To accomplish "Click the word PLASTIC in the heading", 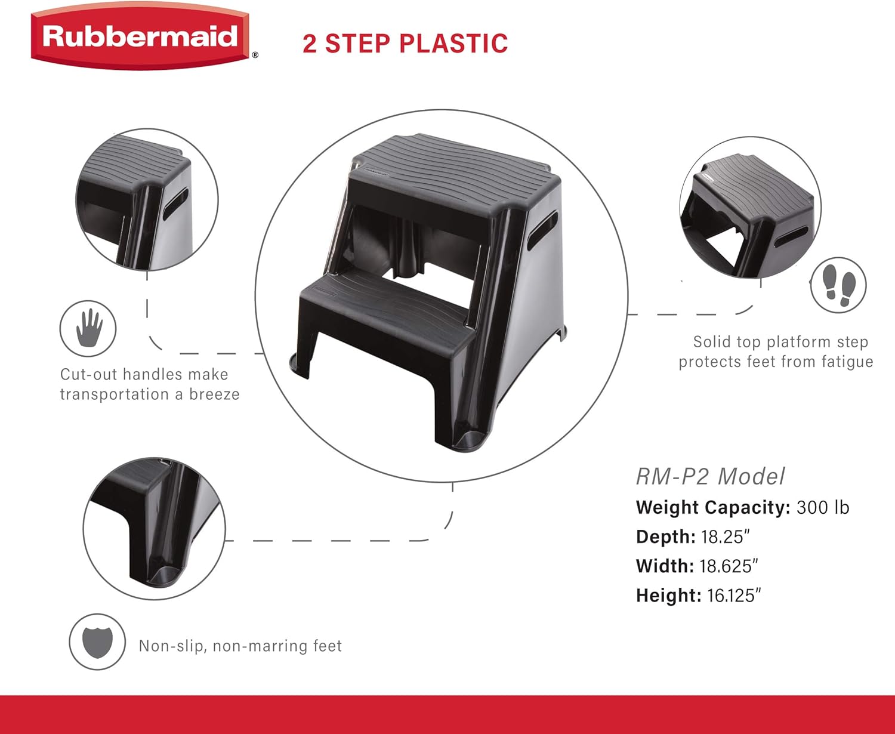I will pos(453,44).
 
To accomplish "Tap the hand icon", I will pos(88,328).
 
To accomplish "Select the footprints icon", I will pos(838,285).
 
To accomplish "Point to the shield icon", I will pos(97,642).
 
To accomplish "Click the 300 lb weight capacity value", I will pos(823,507).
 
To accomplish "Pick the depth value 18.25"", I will pos(725,536).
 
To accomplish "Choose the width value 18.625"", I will pos(729,566).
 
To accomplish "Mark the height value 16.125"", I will pos(734,595).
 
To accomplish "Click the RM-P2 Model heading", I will pos(710,476).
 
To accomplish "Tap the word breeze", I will pos(214,394).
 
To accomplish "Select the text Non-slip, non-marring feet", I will pos(240,646).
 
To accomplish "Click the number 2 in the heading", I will pos(310,44).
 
